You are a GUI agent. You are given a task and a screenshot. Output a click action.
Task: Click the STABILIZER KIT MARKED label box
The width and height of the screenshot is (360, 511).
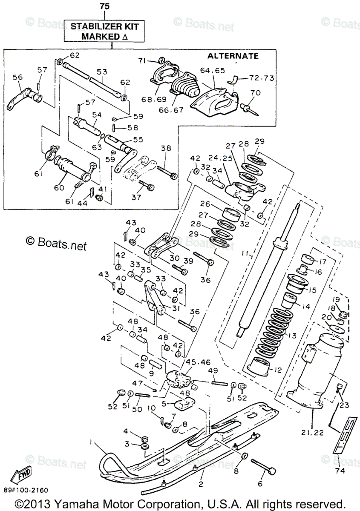click(104, 31)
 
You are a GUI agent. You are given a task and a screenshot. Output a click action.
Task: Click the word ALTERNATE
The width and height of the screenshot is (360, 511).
click(233, 56)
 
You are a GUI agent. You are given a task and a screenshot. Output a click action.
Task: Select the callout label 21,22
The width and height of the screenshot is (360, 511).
click(313, 433)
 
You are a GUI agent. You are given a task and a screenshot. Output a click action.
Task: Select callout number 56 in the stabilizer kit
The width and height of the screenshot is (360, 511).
click(17, 77)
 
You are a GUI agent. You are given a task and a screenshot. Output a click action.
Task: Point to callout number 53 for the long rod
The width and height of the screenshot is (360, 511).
click(102, 72)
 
